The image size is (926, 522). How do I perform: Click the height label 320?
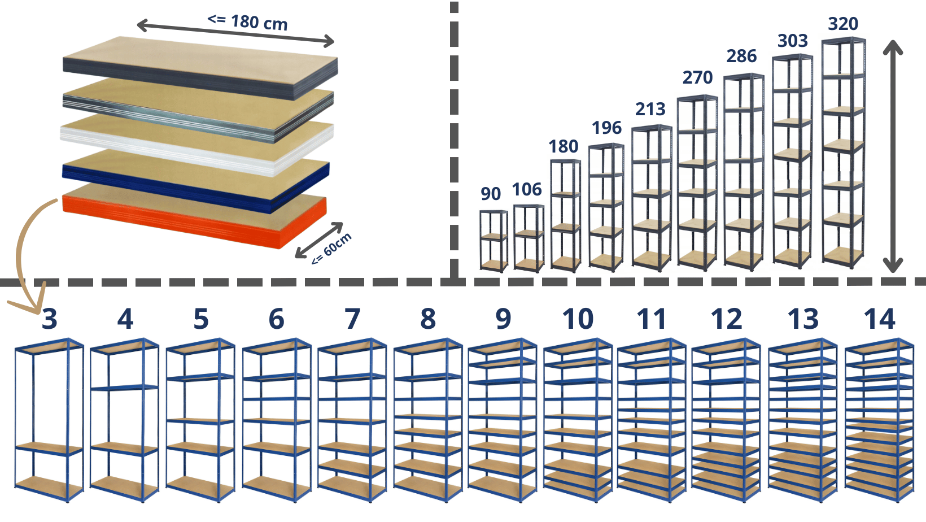(843, 24)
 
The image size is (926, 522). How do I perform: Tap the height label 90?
(491, 194)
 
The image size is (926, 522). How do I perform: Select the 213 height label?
(650, 109)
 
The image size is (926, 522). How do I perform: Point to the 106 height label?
(527, 189)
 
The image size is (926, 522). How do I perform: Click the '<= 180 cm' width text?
(247, 22)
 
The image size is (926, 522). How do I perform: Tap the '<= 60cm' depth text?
(331, 249)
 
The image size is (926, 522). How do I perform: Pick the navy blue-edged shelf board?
(195, 181)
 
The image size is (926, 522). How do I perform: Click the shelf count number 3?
(49, 319)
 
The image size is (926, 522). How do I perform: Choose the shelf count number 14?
(879, 319)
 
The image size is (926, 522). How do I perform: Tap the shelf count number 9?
(503, 319)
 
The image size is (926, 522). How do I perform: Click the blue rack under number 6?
(276, 420)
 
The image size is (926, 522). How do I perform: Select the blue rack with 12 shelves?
(726, 420)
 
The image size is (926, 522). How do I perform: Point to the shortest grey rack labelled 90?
(493, 241)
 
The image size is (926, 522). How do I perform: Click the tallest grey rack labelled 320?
(844, 152)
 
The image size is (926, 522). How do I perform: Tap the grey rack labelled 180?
(566, 215)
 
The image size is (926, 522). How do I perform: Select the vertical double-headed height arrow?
(893, 156)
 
